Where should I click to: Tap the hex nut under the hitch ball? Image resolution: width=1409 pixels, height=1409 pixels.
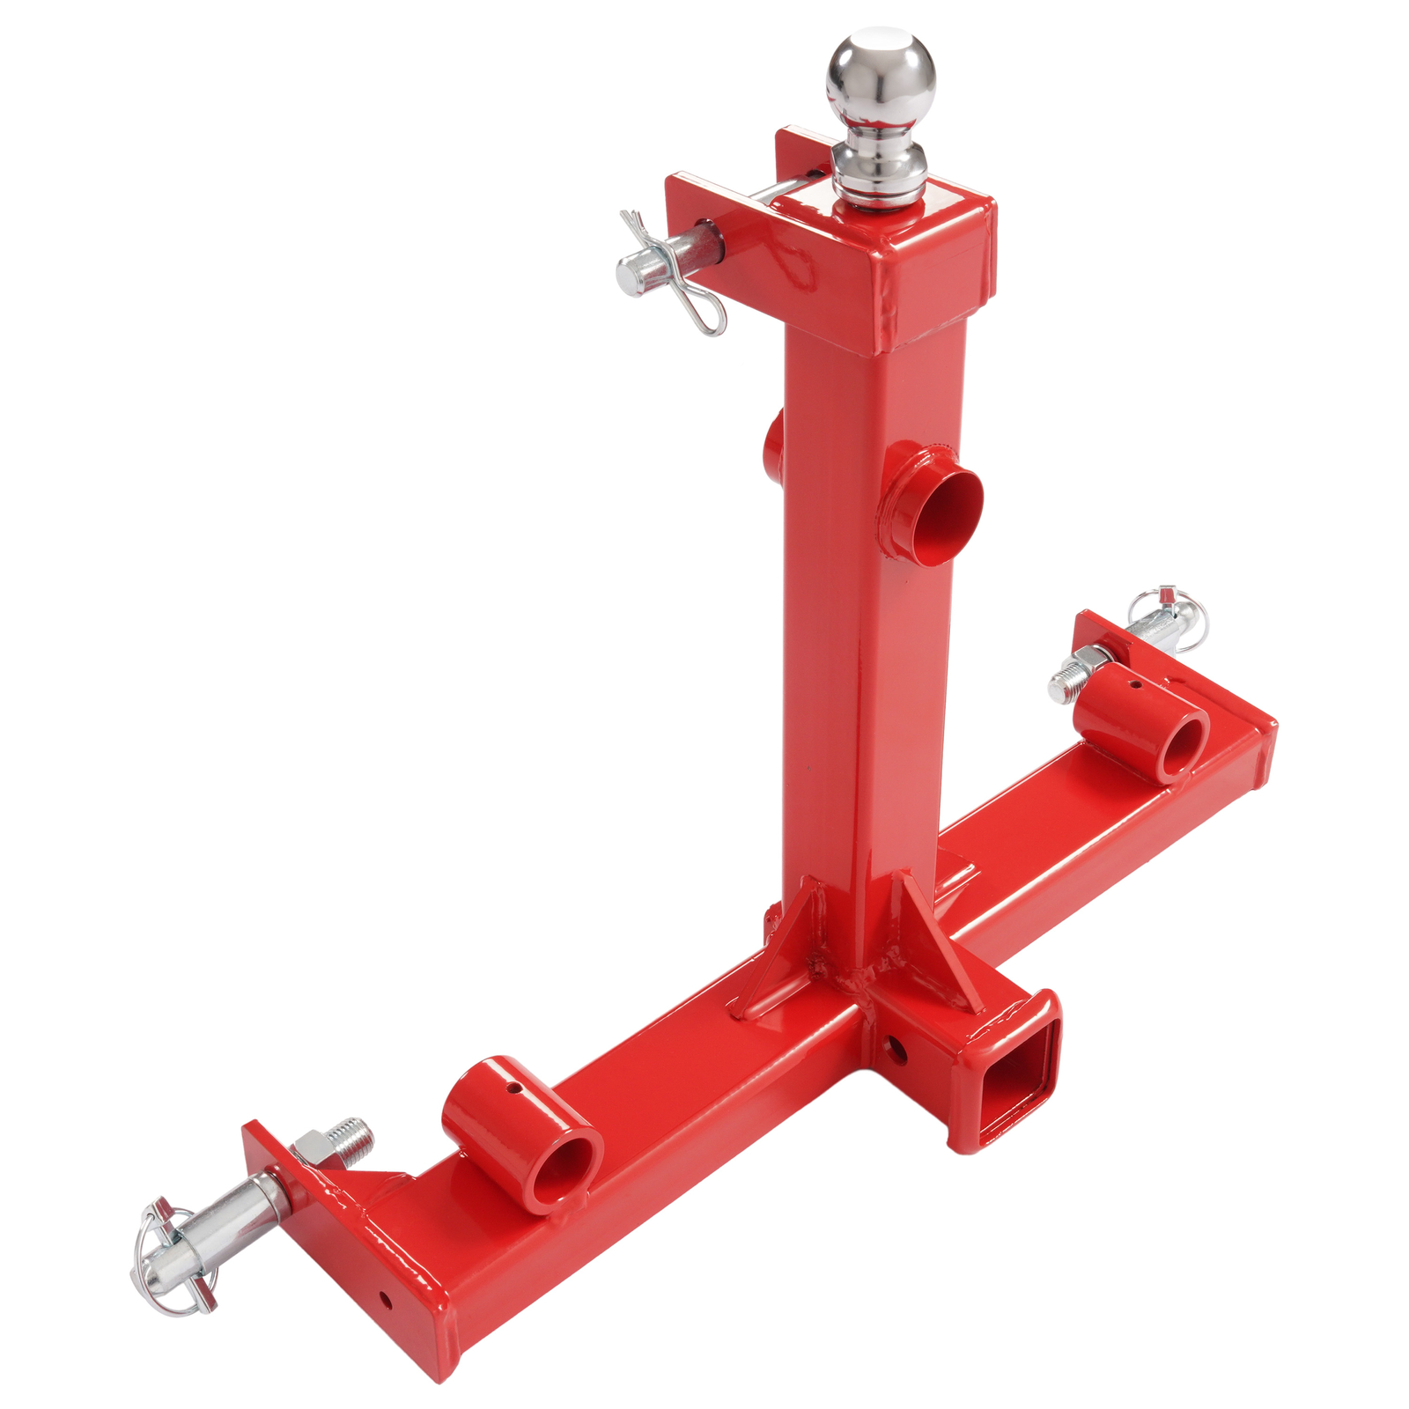[878, 181]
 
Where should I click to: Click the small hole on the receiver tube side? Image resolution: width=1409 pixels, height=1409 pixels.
[895, 1047]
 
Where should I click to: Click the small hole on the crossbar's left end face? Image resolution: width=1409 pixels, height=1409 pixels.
[386, 1298]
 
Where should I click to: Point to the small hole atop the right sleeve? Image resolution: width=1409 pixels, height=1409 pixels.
[1137, 684]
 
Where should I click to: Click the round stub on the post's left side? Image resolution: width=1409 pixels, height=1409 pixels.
[773, 445]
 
